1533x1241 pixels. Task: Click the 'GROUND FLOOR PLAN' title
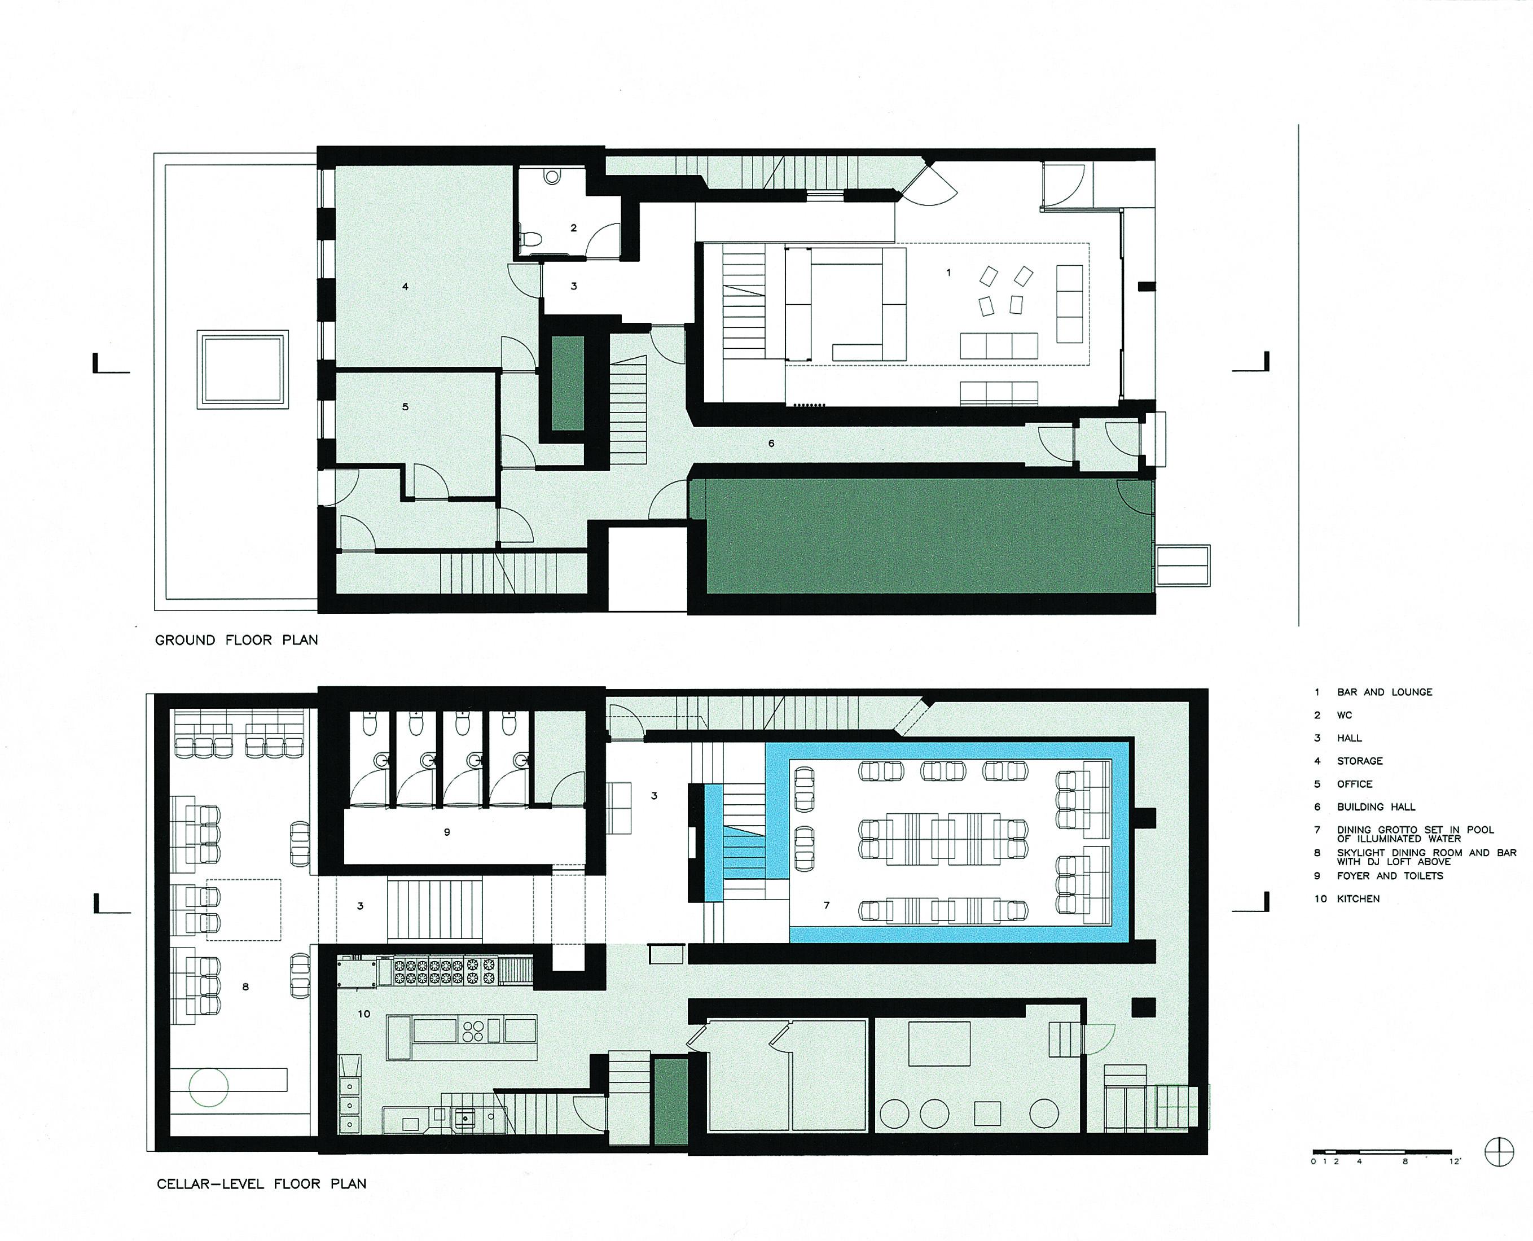pyautogui.click(x=236, y=640)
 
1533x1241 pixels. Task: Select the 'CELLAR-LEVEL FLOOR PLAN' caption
pyautogui.click(x=262, y=1184)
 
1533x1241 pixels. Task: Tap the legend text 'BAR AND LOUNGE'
pyautogui.click(x=1385, y=692)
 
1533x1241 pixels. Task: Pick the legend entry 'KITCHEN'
pyautogui.click(x=1358, y=898)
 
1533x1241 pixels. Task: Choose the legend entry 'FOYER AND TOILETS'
pyautogui.click(x=1390, y=876)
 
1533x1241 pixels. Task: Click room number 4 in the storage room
pyautogui.click(x=405, y=287)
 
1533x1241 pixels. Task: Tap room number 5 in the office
pyautogui.click(x=405, y=407)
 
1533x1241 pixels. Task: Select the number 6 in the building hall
pyautogui.click(x=771, y=443)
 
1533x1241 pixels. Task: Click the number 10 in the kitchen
pyautogui.click(x=364, y=1014)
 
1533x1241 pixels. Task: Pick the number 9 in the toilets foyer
pyautogui.click(x=447, y=832)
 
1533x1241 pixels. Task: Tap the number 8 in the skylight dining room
pyautogui.click(x=245, y=986)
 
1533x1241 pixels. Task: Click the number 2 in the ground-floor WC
pyautogui.click(x=573, y=228)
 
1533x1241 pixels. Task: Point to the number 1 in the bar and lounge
pyautogui.click(x=948, y=273)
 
